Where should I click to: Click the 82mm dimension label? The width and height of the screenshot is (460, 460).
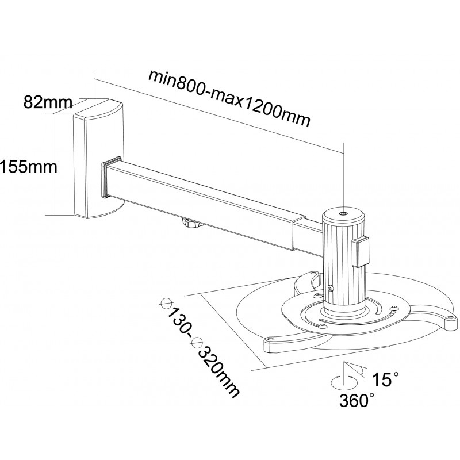(48, 102)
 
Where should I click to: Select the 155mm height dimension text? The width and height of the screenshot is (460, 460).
(29, 167)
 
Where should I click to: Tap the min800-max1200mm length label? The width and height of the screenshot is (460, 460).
(229, 98)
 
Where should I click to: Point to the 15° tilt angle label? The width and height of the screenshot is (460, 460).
(385, 379)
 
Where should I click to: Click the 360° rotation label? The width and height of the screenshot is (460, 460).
(356, 400)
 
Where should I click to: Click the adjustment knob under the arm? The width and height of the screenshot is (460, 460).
(193, 223)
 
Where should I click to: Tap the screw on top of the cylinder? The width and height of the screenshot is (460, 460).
(344, 214)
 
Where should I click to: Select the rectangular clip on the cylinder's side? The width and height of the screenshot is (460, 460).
(361, 253)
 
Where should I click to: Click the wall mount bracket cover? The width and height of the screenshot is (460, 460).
(98, 159)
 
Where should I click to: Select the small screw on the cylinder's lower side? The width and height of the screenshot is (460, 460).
(331, 289)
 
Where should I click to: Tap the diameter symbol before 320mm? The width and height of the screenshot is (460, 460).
(197, 342)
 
